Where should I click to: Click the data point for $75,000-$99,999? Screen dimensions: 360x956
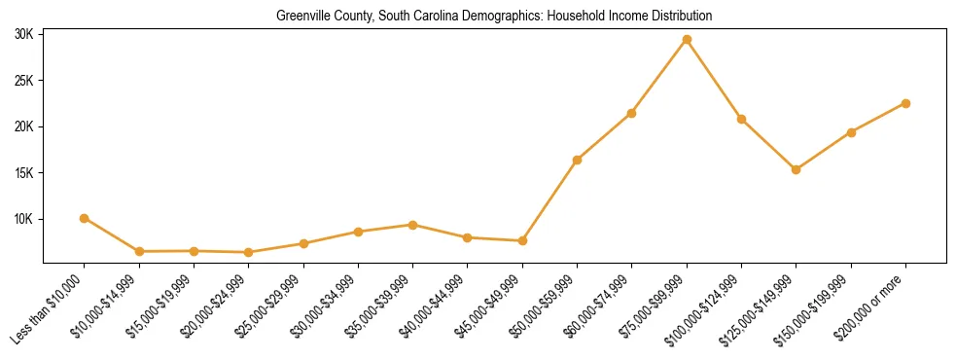point(687,39)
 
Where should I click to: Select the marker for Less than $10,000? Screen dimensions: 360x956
point(85,218)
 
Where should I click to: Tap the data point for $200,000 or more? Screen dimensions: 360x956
point(905,103)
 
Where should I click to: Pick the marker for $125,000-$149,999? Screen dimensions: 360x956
point(797,169)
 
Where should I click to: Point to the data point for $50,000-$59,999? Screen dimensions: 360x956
point(578,160)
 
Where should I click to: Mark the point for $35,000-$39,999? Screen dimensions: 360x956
point(413,225)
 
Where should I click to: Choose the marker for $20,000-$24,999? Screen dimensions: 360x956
point(249,252)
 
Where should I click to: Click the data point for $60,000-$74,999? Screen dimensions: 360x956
point(632,113)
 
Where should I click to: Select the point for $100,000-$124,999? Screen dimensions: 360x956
point(741,119)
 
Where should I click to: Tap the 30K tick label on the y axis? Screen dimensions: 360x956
point(24,34)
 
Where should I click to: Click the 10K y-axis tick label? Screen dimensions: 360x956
point(24,219)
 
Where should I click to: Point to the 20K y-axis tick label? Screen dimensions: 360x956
point(24,126)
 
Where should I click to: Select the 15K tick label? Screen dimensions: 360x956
point(24,173)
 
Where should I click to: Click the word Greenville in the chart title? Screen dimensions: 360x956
point(301,17)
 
